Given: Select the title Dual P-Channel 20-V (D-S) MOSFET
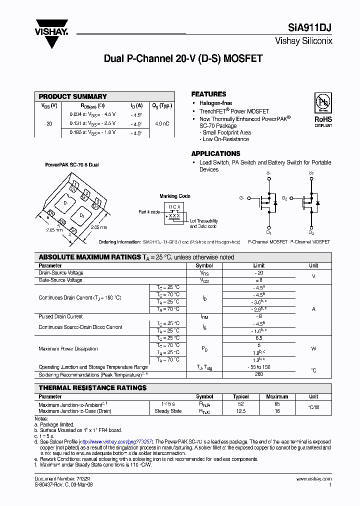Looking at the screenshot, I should click(x=183, y=58).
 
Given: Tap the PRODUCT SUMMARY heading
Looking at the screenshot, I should click(x=72, y=96).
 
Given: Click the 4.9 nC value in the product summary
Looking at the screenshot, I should click(x=161, y=123).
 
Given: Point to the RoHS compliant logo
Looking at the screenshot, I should click(x=322, y=110).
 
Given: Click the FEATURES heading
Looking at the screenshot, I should click(x=208, y=94).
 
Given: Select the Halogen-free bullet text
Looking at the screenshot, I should click(x=215, y=103).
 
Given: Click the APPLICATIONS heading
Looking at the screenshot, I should click(x=215, y=153).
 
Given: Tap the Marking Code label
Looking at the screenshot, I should click(x=174, y=196).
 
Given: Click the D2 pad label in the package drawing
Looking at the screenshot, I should click(x=82, y=214).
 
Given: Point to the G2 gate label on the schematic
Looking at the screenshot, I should click(x=284, y=198).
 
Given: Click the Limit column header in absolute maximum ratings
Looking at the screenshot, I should click(x=258, y=265).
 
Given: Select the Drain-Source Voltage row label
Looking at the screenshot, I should click(x=61, y=273).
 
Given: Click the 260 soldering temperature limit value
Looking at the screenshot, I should click(x=258, y=374).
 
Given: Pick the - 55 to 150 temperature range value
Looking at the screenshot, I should click(x=258, y=367).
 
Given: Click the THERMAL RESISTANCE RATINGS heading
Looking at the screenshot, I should click(x=92, y=387).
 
